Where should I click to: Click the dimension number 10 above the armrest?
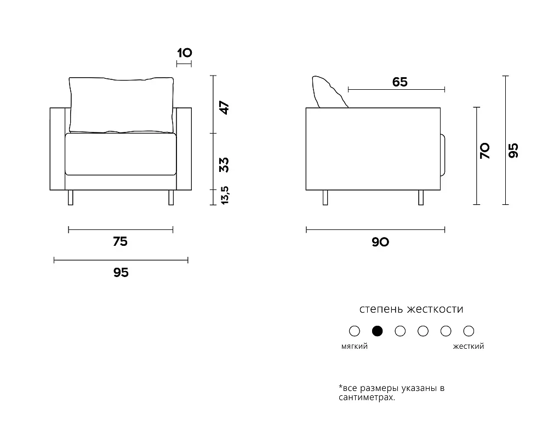pyautogui.click(x=185, y=53)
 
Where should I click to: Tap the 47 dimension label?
pyautogui.click(x=224, y=107)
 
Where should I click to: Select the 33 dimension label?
pyautogui.click(x=224, y=165)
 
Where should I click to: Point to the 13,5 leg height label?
pyautogui.click(x=225, y=195)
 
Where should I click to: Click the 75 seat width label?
pyautogui.click(x=120, y=241)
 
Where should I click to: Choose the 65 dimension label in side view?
pyautogui.click(x=400, y=82)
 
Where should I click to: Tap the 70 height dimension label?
pyautogui.click(x=485, y=151)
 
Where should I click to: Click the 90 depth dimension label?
pyautogui.click(x=380, y=241)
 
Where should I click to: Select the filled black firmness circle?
pyautogui.click(x=377, y=331)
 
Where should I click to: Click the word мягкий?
pyautogui.click(x=355, y=346)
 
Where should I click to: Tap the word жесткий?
pyautogui.click(x=469, y=346)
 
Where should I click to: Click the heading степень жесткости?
pyautogui.click(x=412, y=309)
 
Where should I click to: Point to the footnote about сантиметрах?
pyautogui.click(x=391, y=393)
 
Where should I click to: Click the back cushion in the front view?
pyautogui.click(x=121, y=105)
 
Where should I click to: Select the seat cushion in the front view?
pyautogui.click(x=121, y=154)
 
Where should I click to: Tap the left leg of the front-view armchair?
pyautogui.click(x=70, y=197)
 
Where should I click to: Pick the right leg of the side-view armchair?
pyautogui.click(x=421, y=197)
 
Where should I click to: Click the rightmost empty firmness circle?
pyautogui.click(x=469, y=331)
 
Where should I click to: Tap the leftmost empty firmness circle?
pyautogui.click(x=355, y=331)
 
